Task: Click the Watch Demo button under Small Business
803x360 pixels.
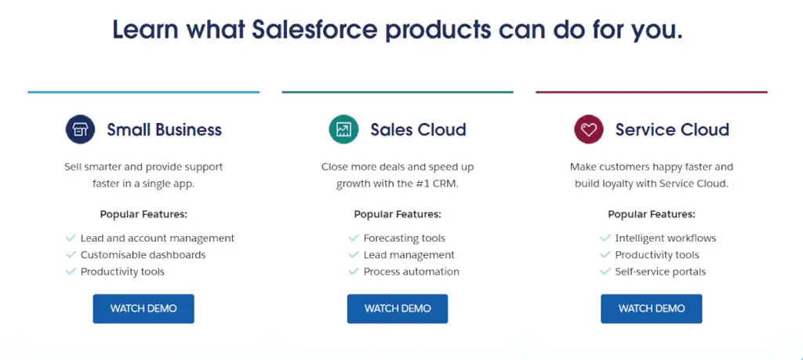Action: coord(144,308)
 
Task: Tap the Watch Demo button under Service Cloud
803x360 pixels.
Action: coord(651,308)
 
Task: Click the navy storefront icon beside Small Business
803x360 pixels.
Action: coord(80,129)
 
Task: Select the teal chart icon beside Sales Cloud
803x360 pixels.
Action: coord(343,129)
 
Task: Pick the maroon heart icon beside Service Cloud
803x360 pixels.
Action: coord(588,129)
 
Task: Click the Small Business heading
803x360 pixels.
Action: coord(164,129)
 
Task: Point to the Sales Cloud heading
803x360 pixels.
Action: coord(418,129)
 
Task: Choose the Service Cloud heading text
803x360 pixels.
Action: coord(672,129)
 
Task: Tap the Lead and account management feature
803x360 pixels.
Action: coord(157,238)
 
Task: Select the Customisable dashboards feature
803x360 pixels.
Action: coord(143,255)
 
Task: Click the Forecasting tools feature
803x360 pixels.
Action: coord(404,238)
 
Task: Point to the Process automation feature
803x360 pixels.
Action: coord(411,271)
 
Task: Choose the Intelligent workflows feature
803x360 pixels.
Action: coord(665,238)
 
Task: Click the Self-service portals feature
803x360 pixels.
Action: coord(660,271)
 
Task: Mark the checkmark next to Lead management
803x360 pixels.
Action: coord(354,255)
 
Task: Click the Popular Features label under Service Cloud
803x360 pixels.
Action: coord(651,214)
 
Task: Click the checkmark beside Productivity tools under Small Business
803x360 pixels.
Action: coord(71,271)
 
